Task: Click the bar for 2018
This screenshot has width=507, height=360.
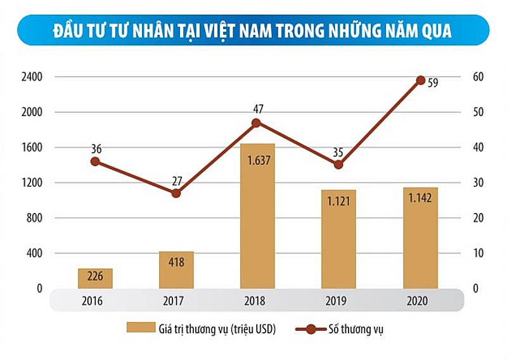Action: tap(257, 215)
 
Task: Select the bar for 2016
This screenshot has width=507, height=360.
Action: tap(95, 278)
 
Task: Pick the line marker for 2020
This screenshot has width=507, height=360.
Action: tap(420, 80)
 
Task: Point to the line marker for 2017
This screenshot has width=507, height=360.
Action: tap(176, 193)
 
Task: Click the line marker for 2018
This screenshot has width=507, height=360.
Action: tap(257, 123)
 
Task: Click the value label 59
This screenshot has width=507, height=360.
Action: tap(433, 82)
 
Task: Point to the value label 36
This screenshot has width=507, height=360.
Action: tap(96, 150)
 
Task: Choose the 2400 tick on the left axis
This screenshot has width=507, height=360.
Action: tap(31, 77)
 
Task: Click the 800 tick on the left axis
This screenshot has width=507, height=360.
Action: tap(34, 218)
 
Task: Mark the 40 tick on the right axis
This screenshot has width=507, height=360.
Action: tap(478, 148)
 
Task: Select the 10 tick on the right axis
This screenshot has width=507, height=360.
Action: tap(478, 254)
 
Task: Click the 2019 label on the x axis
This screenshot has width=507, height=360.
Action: tap(338, 299)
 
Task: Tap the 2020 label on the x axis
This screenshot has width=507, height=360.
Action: tap(420, 299)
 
